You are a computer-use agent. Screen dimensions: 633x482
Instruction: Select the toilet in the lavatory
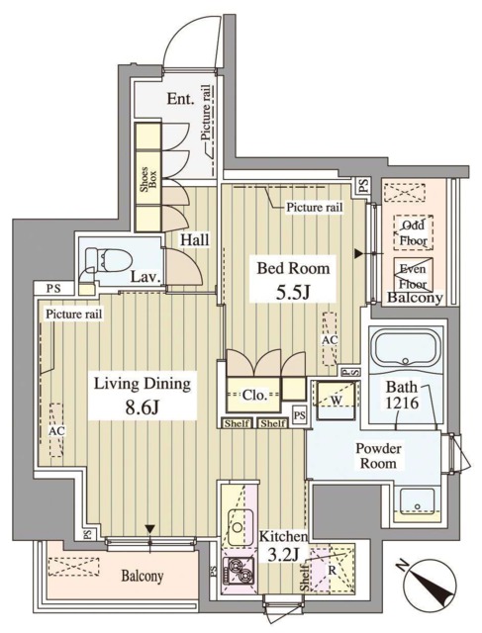pyautogui.click(x=101, y=261)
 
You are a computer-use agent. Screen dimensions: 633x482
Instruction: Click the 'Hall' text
pyautogui.click(x=193, y=238)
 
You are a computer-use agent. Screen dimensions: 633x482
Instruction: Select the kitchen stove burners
pyautogui.click(x=240, y=571)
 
